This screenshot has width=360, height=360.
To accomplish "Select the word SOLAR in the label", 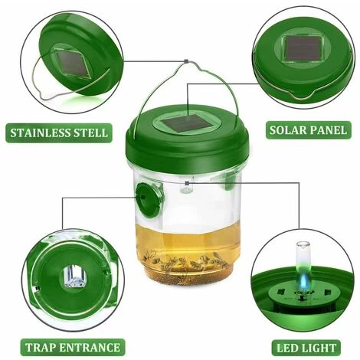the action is [x=286, y=130].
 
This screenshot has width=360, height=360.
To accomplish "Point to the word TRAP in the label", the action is [x=40, y=348].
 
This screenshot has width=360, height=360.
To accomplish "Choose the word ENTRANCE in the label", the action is [x=89, y=348].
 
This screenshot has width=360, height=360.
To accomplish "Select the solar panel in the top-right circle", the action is [x=302, y=48].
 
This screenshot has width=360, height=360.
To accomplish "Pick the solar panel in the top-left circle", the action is [x=74, y=63].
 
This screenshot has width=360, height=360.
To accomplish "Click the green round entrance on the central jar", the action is [x=148, y=200].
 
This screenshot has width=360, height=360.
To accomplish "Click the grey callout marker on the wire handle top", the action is [x=186, y=61].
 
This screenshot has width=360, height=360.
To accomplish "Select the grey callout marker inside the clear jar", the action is [x=187, y=183].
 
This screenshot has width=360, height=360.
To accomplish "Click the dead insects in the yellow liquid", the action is [x=185, y=261].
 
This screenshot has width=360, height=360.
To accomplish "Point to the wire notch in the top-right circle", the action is [x=301, y=96].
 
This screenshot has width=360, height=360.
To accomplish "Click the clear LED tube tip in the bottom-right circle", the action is [x=303, y=245].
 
